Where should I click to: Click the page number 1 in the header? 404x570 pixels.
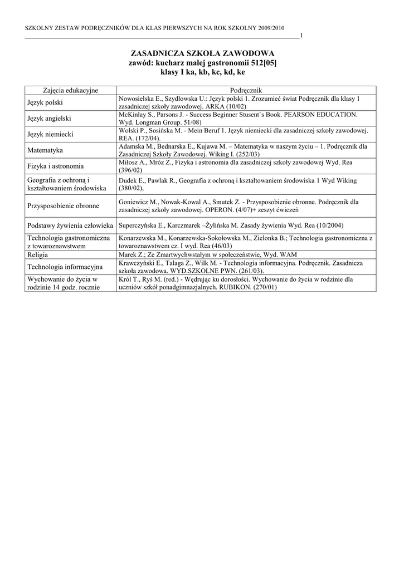pos(301,36)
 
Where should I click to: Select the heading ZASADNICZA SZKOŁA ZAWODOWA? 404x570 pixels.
pos(202,53)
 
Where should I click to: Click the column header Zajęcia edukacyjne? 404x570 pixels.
pos(70,90)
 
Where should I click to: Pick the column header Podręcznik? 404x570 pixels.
pos(246,90)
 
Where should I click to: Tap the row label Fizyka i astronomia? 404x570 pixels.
pos(56,166)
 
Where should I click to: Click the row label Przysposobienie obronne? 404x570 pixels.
pos(63,205)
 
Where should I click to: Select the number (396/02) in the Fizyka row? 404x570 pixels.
pos(130,170)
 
